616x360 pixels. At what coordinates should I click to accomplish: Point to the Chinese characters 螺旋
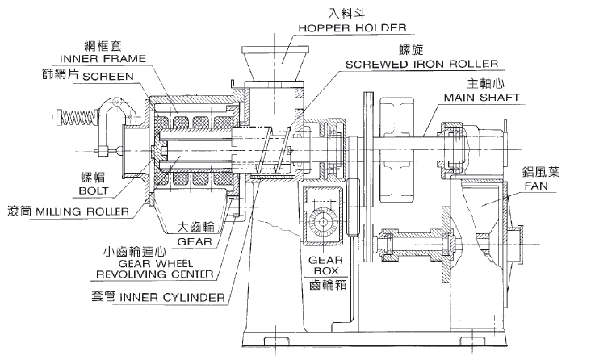(x=406, y=50)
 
